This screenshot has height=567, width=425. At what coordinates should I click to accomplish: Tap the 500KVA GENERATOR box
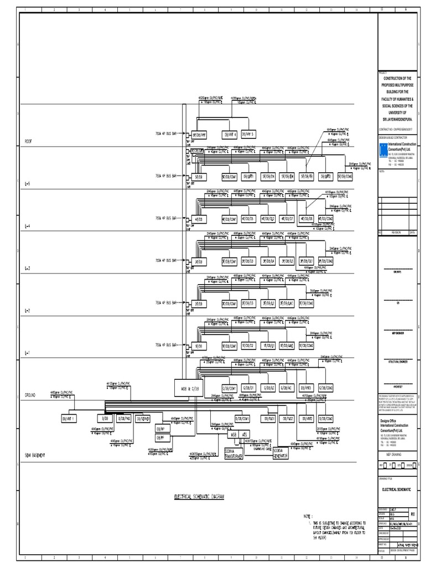(x=281, y=453)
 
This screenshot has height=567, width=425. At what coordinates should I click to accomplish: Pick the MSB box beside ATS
(x=234, y=436)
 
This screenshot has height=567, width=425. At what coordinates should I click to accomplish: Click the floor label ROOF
(x=28, y=142)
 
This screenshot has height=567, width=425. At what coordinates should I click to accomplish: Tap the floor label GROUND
(x=30, y=396)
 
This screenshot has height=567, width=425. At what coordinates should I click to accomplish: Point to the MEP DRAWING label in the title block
(x=395, y=453)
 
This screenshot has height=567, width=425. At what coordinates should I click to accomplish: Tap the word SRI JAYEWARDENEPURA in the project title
(x=397, y=119)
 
